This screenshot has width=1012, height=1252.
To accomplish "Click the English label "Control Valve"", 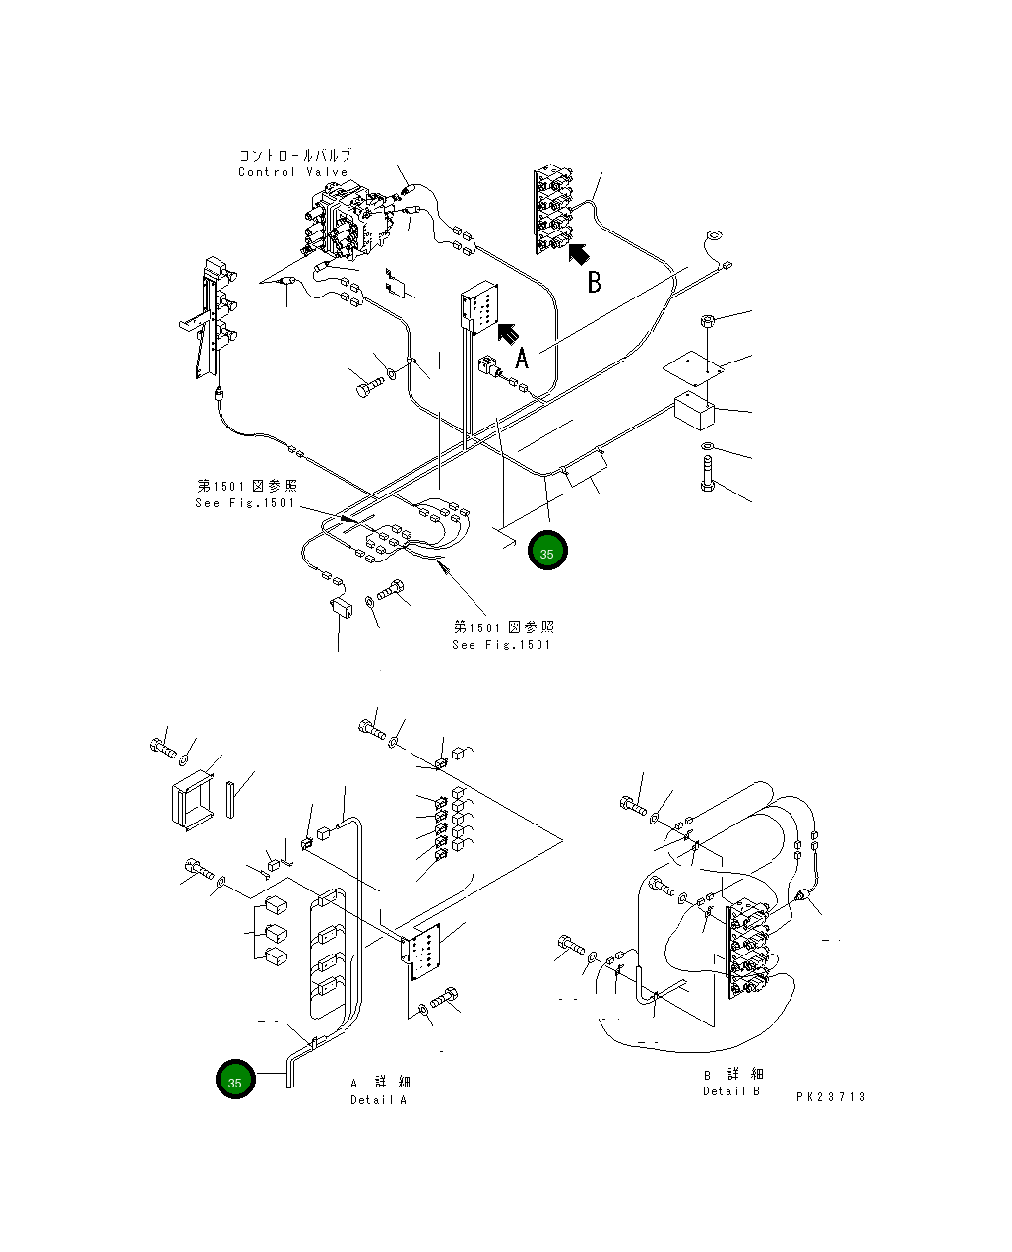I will click(292, 172).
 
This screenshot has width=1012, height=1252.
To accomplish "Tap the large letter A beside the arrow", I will click(522, 358).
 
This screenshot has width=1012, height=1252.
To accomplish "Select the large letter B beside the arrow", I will click(594, 282).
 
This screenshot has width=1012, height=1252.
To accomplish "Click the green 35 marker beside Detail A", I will click(235, 1081).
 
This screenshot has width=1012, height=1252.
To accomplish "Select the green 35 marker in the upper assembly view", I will click(546, 552).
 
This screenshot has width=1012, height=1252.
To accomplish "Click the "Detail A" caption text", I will click(378, 1099).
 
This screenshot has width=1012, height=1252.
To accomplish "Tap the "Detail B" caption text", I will click(731, 1091).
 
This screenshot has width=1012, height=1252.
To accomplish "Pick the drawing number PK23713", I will click(831, 1096).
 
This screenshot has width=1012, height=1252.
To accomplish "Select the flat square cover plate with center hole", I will click(693, 369).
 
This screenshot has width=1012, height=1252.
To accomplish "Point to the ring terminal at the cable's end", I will click(713, 237).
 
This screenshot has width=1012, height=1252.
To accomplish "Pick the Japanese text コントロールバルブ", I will click(294, 156).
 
